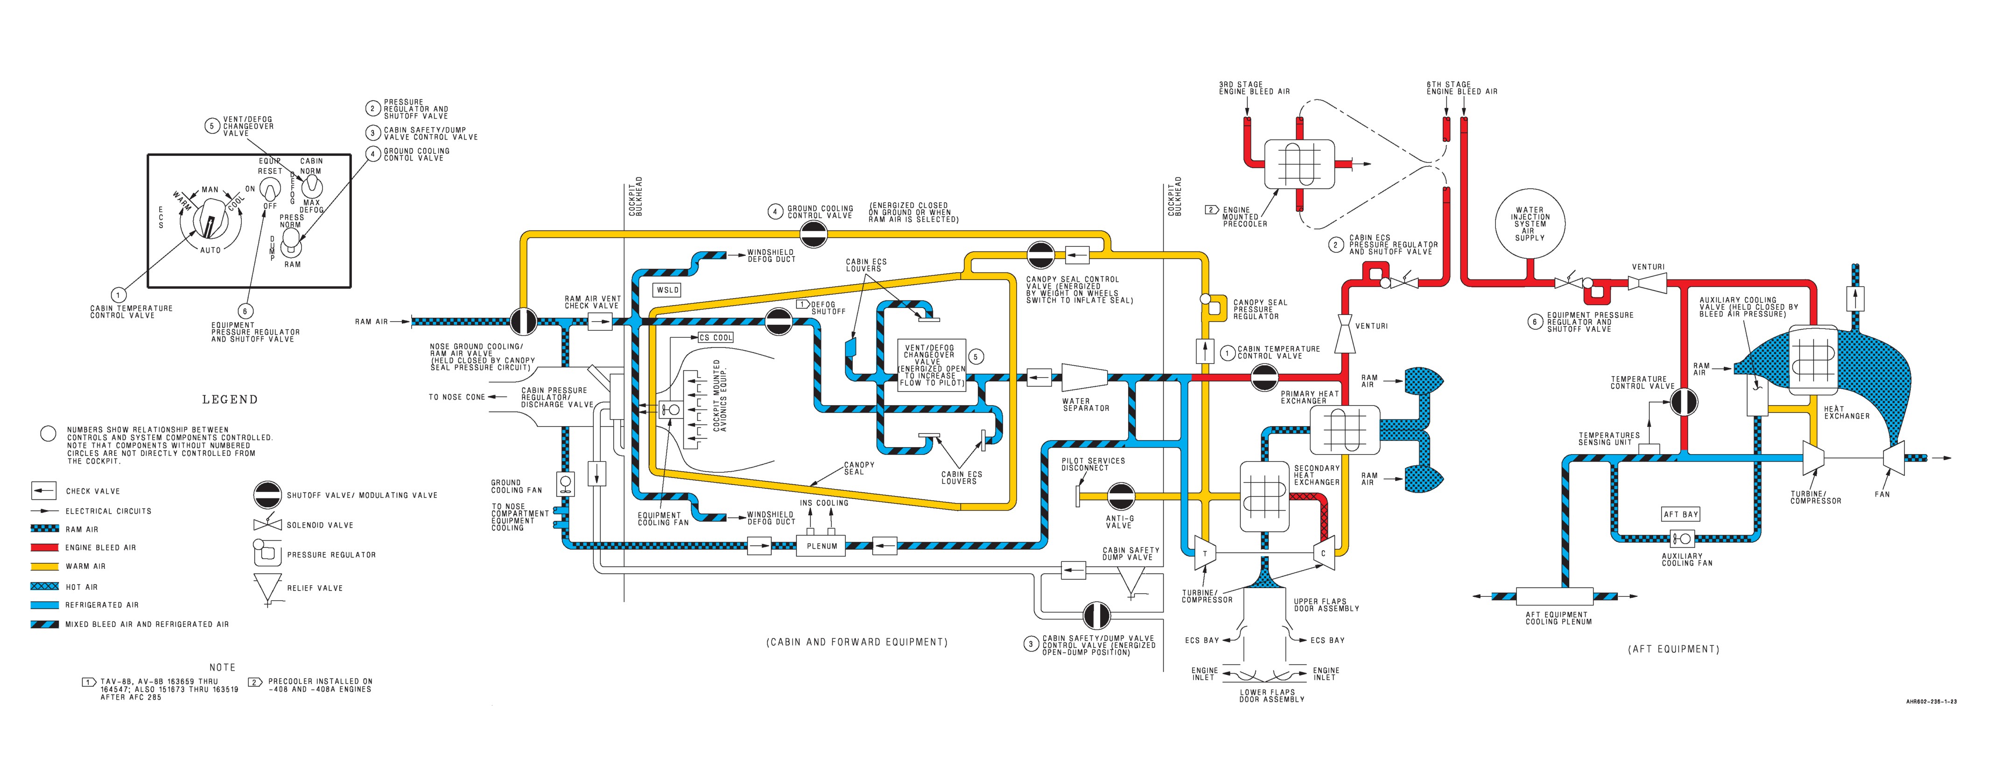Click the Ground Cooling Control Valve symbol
tap(814, 233)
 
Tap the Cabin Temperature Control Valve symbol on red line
tap(1265, 379)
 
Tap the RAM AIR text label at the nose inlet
tap(371, 322)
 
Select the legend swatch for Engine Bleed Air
tap(44, 547)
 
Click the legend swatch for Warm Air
tap(44, 566)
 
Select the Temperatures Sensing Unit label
tap(1609, 439)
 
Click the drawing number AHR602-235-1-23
tap(1931, 702)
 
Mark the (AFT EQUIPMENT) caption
tap(1673, 649)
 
